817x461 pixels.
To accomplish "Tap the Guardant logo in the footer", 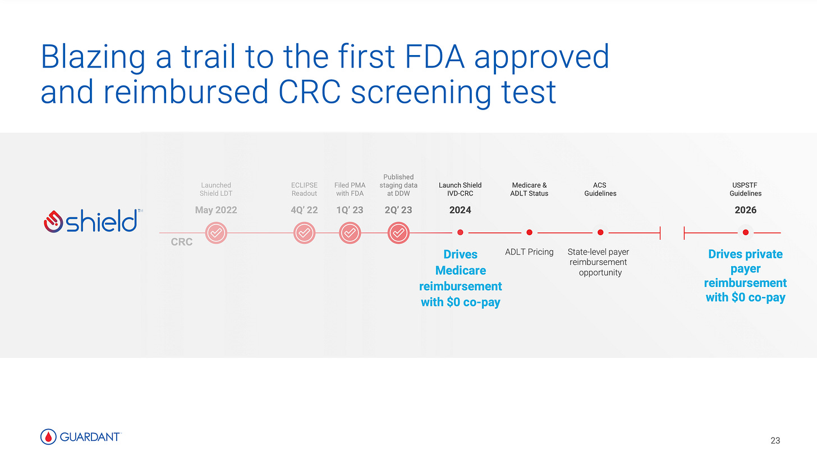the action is (x=81, y=436).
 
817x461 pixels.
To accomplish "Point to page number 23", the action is (x=775, y=440).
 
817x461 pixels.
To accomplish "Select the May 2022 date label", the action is (x=216, y=210).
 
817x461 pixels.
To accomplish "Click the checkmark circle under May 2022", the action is (x=216, y=232).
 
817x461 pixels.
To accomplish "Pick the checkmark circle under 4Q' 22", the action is (x=304, y=232).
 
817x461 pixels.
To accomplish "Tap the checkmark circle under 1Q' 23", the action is (x=349, y=232).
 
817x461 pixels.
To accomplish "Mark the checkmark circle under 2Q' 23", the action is (x=398, y=232).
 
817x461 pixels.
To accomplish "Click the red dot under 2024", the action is (x=460, y=232).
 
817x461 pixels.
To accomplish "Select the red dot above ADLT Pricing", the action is (x=529, y=232).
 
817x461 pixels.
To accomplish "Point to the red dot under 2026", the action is (x=745, y=232).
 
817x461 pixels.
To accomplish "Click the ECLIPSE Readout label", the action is (x=304, y=189).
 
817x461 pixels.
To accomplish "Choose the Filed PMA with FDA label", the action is (x=349, y=189).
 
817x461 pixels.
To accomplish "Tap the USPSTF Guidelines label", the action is (x=745, y=189).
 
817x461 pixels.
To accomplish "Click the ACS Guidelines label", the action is (x=600, y=189).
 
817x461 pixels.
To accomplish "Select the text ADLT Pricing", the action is (x=529, y=252).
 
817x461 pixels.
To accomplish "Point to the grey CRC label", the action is (x=181, y=242).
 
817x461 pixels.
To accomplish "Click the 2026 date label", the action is (x=745, y=210).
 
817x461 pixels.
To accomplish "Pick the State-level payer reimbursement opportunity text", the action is (x=598, y=262).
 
